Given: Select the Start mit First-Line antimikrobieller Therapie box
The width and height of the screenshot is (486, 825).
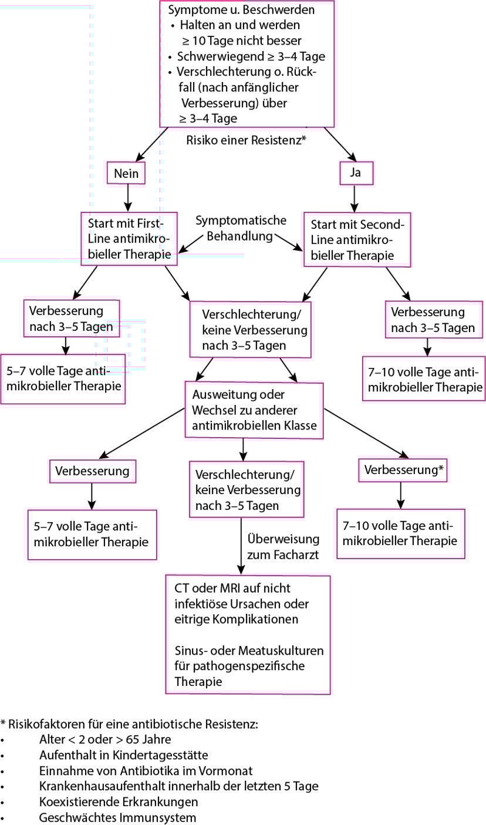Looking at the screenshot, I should (129, 239).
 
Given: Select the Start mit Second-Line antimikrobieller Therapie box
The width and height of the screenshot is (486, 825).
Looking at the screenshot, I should (356, 239).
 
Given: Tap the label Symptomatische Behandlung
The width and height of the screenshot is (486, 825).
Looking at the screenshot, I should (241, 229).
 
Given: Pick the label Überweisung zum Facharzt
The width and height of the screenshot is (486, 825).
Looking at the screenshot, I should (283, 546).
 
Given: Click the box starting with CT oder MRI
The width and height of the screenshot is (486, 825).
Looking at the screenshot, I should (248, 635).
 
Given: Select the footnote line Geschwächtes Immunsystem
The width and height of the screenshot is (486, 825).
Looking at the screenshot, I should (117, 817).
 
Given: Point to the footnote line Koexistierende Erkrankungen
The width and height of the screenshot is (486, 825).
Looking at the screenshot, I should (118, 802).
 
